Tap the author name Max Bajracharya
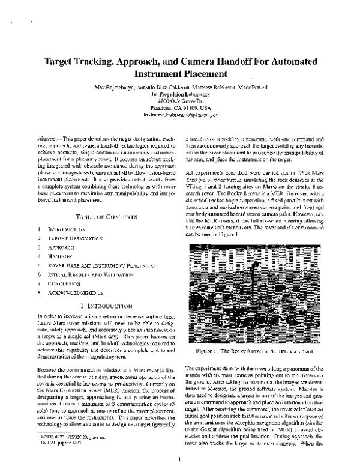115,88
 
